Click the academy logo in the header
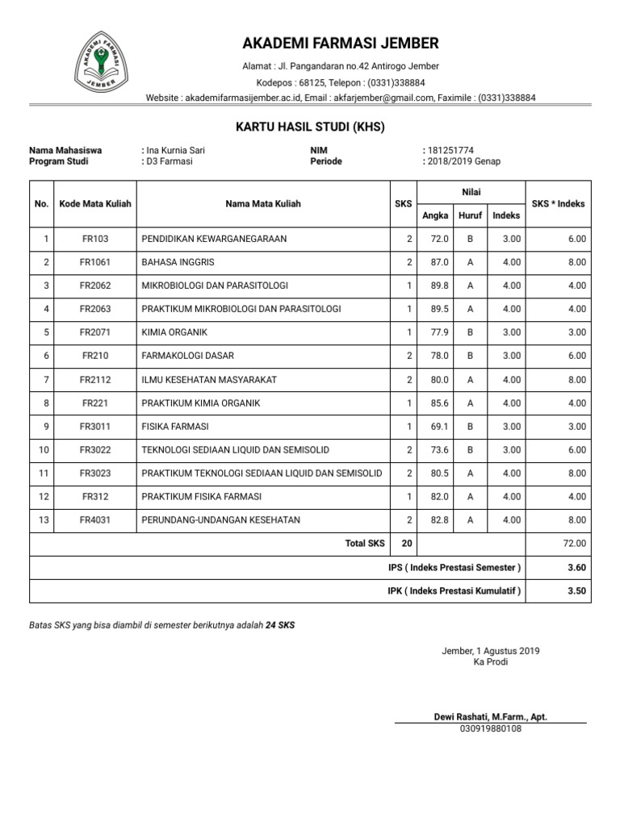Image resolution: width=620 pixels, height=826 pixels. (99, 62)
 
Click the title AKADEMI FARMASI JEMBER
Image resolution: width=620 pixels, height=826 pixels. (340, 43)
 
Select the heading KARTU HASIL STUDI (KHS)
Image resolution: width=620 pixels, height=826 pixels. (310, 127)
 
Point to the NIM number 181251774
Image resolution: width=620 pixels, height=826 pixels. (450, 150)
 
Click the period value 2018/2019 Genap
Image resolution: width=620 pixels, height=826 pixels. (464, 161)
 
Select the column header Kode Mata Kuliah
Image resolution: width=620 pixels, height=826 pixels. (95, 204)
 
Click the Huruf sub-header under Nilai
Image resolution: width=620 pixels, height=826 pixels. (470, 215)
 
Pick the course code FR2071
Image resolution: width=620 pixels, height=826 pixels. (95, 332)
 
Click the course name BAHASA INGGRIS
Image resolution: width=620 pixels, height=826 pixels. (178, 262)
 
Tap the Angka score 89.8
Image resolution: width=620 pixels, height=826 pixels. (439, 286)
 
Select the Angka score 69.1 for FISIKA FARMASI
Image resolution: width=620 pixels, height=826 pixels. (439, 426)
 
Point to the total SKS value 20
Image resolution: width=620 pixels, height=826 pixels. (406, 544)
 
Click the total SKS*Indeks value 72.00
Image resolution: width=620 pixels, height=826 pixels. (575, 544)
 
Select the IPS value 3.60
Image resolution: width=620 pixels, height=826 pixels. (576, 568)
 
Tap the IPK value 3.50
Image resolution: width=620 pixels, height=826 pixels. (576, 590)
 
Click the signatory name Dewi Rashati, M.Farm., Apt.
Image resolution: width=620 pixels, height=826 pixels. (490, 716)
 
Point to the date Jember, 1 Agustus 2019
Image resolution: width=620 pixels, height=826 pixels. (490, 651)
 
